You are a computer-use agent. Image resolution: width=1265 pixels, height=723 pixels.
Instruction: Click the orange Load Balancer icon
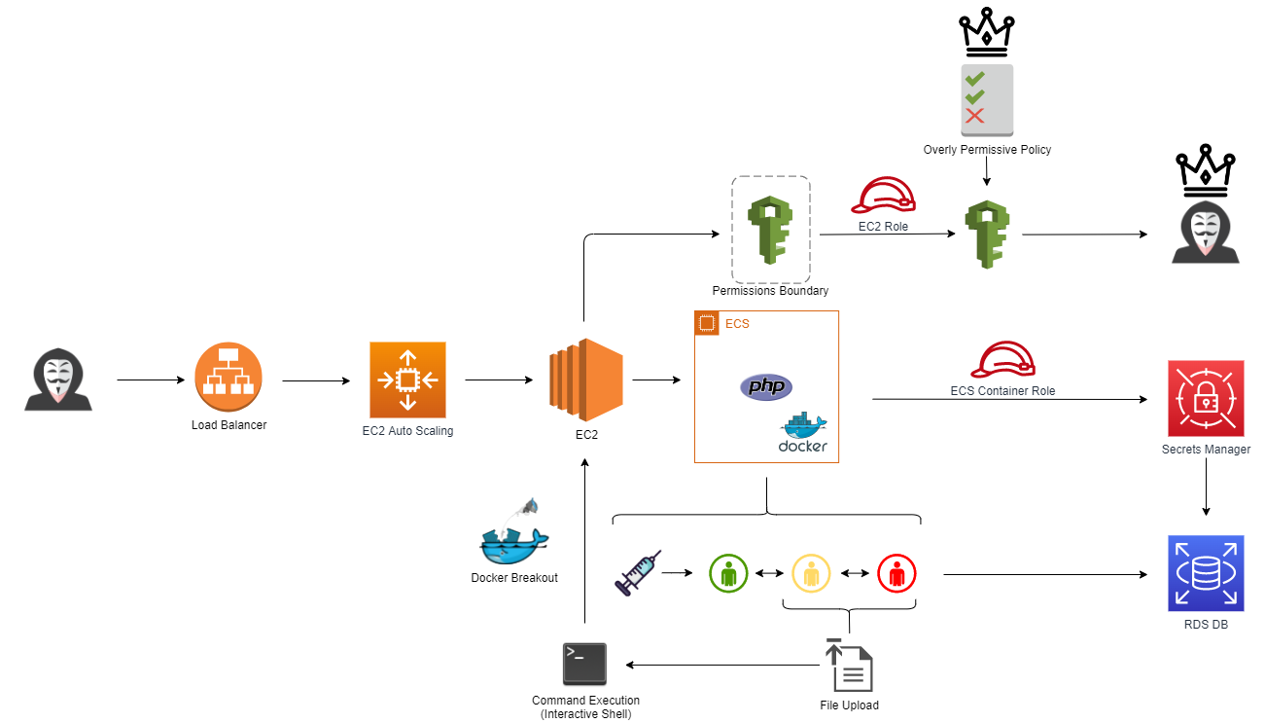[x=228, y=380]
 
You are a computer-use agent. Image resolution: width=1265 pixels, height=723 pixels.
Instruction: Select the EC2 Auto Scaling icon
[x=407, y=380]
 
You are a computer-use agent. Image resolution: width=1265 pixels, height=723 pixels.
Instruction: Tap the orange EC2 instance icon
[x=585, y=380]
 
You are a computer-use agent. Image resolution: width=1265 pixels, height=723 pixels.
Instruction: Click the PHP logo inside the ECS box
[x=766, y=386]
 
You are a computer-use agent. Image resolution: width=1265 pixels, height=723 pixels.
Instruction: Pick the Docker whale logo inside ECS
[x=803, y=433]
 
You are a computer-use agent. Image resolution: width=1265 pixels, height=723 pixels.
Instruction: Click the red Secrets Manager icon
[x=1206, y=399]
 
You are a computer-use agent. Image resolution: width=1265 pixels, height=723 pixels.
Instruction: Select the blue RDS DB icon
[x=1206, y=572]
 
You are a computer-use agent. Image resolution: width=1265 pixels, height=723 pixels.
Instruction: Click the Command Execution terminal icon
[x=585, y=665]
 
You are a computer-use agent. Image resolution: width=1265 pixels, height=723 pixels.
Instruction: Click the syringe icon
[x=638, y=572]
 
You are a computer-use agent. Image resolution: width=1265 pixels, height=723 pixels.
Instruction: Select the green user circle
[x=728, y=573]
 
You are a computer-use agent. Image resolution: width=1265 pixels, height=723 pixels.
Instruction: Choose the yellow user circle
[x=811, y=573]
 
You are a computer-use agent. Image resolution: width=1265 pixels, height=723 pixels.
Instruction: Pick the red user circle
[x=896, y=573]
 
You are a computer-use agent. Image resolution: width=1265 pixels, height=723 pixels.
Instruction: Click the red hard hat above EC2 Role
[x=883, y=196]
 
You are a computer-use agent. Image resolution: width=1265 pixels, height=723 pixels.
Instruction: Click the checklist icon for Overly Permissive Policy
[x=987, y=100]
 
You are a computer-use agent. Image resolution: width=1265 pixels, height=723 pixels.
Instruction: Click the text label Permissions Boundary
[x=770, y=291]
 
